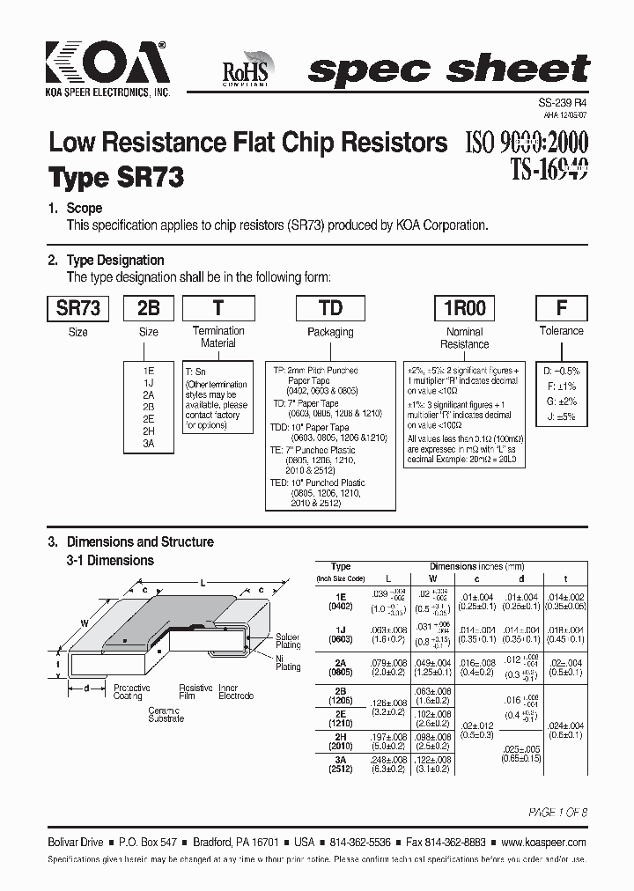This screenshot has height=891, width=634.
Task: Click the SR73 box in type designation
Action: pos(77,308)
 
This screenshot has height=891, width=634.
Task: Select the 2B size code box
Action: pos(148,308)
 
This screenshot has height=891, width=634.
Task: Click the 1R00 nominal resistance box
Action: pos(464,308)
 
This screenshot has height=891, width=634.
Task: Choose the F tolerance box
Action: pos(561,308)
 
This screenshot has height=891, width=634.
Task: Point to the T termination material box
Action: pos(218,308)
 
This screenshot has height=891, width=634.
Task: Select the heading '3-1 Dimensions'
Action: pos(110,560)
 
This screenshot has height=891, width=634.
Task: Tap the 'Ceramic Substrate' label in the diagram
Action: pos(166,714)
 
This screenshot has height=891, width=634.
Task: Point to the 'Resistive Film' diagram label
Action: pos(195,692)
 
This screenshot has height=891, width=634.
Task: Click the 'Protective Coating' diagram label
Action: pos(132,692)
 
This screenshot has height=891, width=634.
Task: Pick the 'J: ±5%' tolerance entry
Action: pos(560,416)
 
